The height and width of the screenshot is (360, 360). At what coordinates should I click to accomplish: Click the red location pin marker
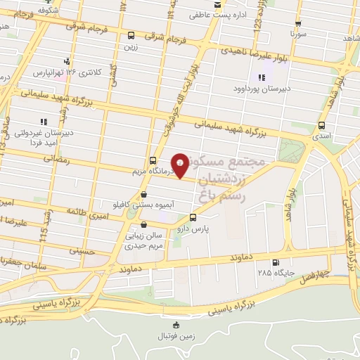click(x=181, y=165)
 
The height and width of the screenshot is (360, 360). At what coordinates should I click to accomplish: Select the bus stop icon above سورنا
click(x=299, y=22)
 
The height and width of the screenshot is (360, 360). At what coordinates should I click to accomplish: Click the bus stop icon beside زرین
click(x=131, y=36)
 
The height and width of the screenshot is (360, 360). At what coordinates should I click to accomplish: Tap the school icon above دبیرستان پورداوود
click(x=262, y=77)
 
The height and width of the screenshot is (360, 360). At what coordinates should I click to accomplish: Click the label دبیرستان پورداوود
click(x=262, y=89)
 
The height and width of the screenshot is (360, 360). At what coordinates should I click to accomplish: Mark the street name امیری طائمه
click(x=87, y=210)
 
